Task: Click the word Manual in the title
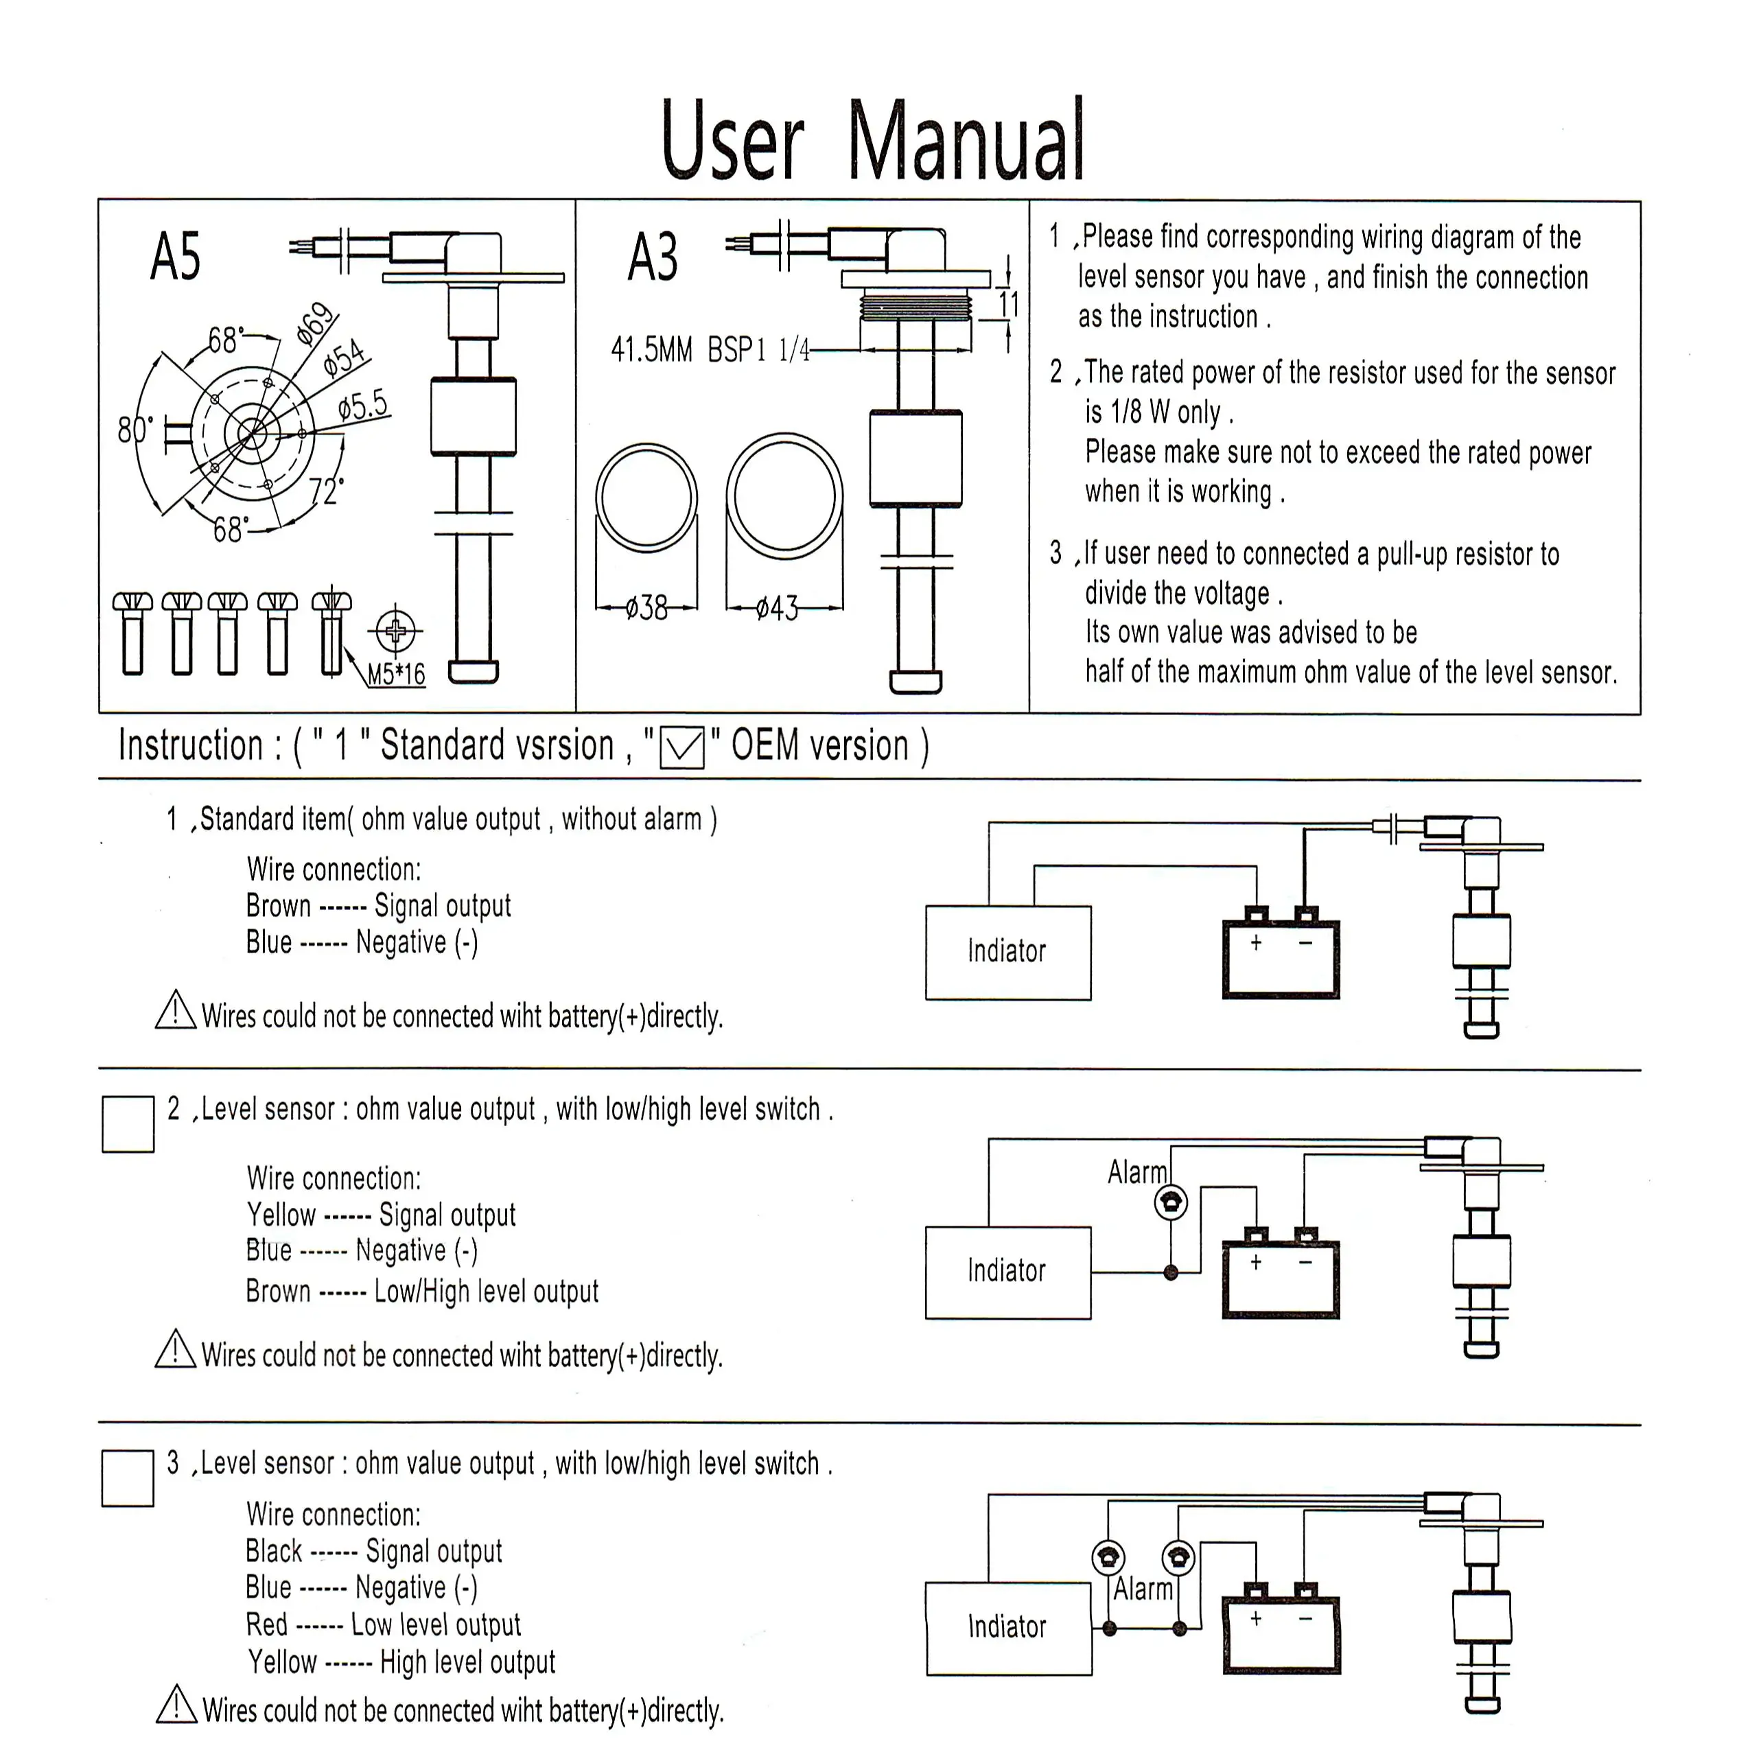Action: [966, 141]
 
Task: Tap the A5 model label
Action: [176, 257]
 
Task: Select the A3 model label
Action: [652, 257]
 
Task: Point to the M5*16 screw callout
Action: [396, 674]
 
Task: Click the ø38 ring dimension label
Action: [646, 608]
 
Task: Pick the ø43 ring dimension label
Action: [777, 608]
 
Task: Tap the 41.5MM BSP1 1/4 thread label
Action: [710, 349]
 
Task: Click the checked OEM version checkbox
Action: [682, 748]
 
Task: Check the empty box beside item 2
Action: [128, 1124]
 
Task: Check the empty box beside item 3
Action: [128, 1478]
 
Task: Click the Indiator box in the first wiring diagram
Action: [1008, 952]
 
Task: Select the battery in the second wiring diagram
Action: [1281, 1272]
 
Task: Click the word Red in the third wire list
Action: [266, 1625]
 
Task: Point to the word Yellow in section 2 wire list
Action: [281, 1215]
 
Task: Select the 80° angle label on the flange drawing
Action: [135, 428]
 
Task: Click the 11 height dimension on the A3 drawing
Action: [1008, 304]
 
